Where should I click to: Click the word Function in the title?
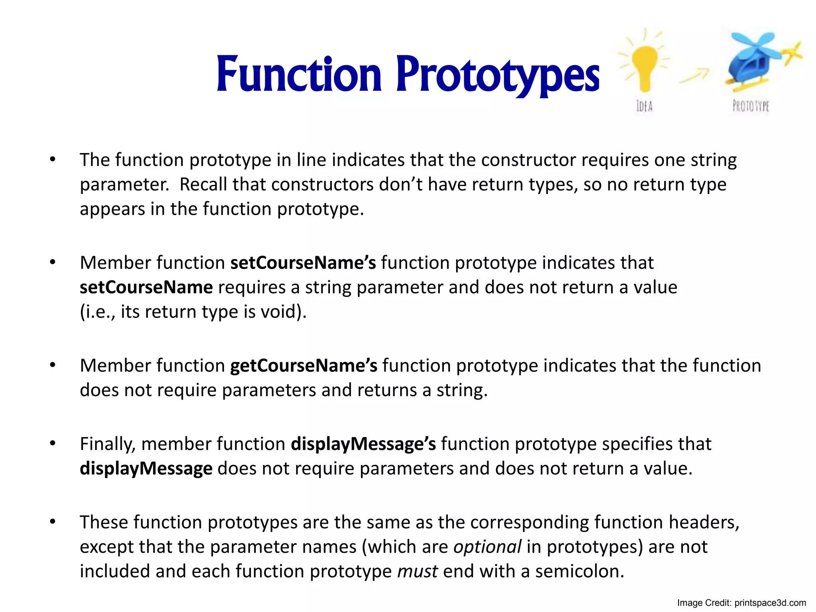pyautogui.click(x=299, y=75)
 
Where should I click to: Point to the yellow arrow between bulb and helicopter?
pyautogui.click(x=694, y=76)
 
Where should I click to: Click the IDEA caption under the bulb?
pyautogui.click(x=644, y=106)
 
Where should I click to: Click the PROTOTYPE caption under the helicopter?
pyautogui.click(x=751, y=106)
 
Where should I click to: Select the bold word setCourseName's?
pyautogui.click(x=303, y=263)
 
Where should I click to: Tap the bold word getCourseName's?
pyautogui.click(x=304, y=366)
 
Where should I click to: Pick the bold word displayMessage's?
pyautogui.click(x=363, y=444)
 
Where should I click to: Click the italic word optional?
pyautogui.click(x=487, y=547)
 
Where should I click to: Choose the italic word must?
pyautogui.click(x=417, y=571)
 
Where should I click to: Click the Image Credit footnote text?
pyautogui.click(x=741, y=603)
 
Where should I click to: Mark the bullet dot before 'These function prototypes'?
pyautogui.click(x=53, y=521)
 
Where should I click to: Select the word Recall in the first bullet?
pyautogui.click(x=203, y=184)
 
